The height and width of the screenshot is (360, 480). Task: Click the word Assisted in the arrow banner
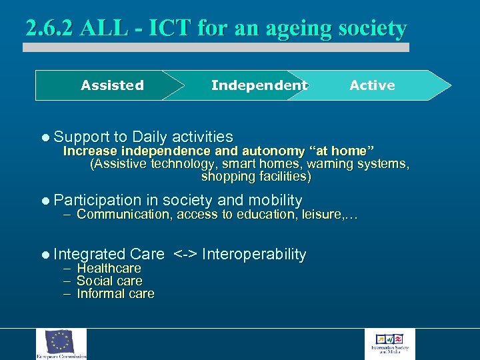pos(112,85)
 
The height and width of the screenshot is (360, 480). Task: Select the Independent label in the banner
pos(259,85)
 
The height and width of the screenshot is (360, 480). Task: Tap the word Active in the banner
pos(372,85)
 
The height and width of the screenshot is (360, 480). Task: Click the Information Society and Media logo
pos(393,342)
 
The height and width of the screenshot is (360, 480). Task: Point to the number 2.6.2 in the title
pos(49,29)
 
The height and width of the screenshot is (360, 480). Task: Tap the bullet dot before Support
pos(45,137)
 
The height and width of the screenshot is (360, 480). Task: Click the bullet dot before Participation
pos(45,201)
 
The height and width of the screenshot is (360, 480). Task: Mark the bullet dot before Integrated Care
pos(45,255)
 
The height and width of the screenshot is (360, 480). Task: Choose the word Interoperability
pos(254,254)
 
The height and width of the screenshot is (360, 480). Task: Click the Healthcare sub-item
pos(109,268)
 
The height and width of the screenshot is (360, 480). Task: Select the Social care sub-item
pos(109,281)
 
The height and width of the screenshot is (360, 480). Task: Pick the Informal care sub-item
pos(115,293)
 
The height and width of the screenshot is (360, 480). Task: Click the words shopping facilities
pos(256,177)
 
